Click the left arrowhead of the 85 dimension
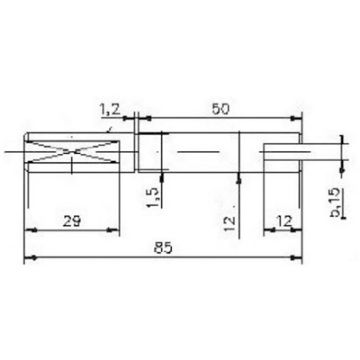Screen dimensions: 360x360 [x=26, y=258]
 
